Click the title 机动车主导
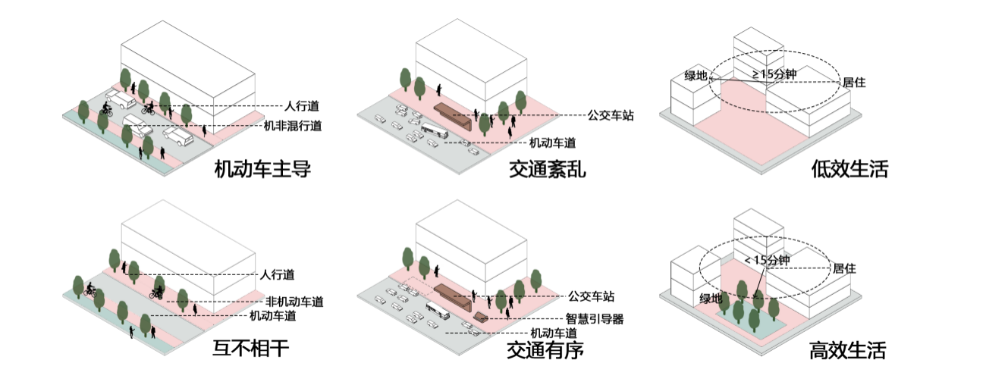click(x=262, y=170)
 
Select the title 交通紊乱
click(x=547, y=170)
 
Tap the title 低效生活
click(x=849, y=170)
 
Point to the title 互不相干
click(x=251, y=349)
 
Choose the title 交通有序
click(x=545, y=351)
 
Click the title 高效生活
click(x=847, y=351)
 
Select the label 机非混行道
click(x=293, y=127)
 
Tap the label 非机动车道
click(x=294, y=302)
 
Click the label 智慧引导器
click(x=594, y=319)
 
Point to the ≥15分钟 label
click(x=774, y=74)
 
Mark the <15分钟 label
click(x=767, y=260)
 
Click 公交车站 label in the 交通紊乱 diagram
click(x=611, y=116)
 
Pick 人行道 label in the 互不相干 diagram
click(x=277, y=275)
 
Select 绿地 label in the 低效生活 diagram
click(x=696, y=76)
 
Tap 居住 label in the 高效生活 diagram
click(x=844, y=268)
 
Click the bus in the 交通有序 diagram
click(x=438, y=310)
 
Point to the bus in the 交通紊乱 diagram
click(x=435, y=130)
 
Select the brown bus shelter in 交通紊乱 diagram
click(x=454, y=114)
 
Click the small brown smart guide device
click(x=481, y=316)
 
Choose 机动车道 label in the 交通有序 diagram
click(x=554, y=333)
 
